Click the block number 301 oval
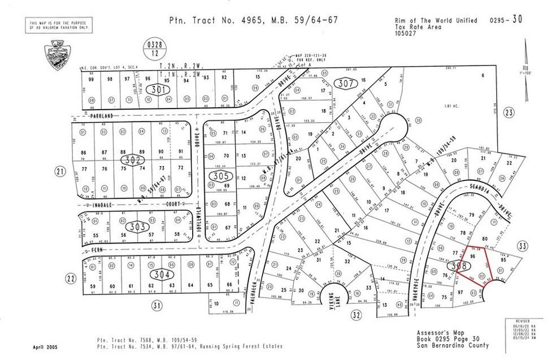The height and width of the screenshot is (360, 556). [158, 89]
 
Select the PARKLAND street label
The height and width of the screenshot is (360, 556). [97, 115]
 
